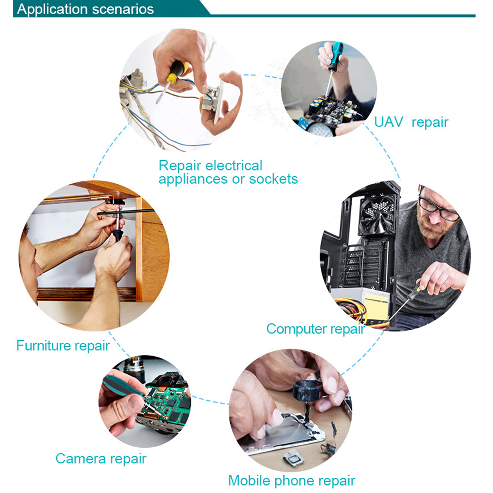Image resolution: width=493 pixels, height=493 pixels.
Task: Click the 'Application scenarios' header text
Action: click(x=85, y=9)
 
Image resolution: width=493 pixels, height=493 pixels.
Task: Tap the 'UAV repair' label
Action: click(x=411, y=122)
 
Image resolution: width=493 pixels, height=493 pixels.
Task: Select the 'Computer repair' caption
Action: click(x=316, y=329)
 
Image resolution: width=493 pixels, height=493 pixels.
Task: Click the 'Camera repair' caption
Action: click(x=101, y=459)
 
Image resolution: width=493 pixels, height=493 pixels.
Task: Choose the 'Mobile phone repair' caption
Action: click(x=291, y=481)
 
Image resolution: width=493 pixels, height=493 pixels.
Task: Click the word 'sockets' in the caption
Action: click(x=274, y=179)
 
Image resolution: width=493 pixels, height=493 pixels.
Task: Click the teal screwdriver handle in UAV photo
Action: click(x=336, y=57)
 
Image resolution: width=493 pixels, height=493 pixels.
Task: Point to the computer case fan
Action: click(x=378, y=214)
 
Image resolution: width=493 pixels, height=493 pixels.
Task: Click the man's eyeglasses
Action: click(x=438, y=209)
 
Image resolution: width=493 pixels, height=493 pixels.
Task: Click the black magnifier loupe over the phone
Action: click(x=306, y=391)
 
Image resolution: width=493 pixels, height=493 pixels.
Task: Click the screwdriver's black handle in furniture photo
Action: click(x=118, y=235)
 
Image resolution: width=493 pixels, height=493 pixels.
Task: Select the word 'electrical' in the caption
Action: click(x=234, y=166)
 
